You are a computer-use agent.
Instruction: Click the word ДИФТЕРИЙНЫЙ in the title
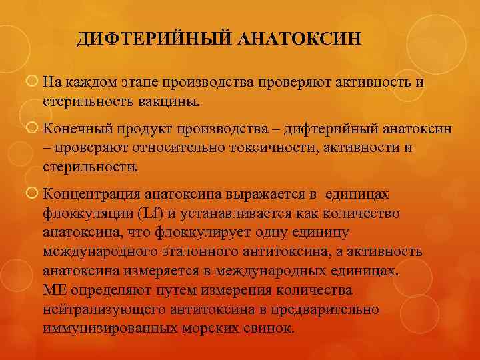click(153, 39)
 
